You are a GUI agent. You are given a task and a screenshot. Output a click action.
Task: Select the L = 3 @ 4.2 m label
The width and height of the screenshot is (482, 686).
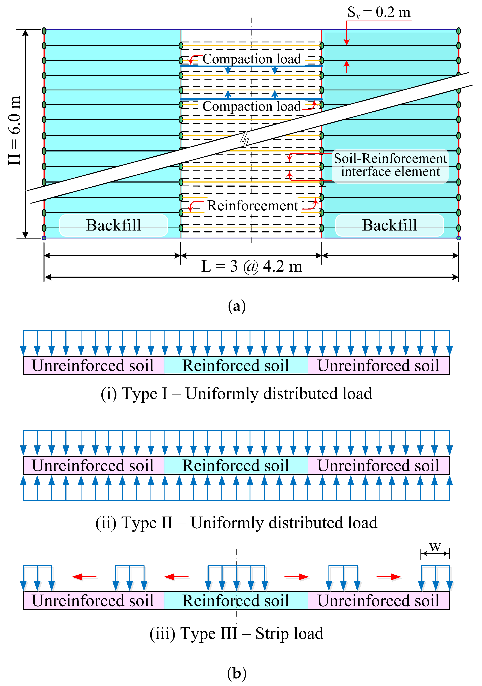[252, 266]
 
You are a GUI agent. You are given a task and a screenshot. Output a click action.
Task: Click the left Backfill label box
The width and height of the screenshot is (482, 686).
[114, 225]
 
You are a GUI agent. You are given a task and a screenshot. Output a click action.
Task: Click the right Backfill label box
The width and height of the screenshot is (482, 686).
[389, 225]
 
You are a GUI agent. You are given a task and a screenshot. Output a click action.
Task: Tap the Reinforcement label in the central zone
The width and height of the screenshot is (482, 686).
[253, 205]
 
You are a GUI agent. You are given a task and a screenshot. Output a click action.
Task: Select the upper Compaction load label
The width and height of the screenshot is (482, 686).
[252, 59]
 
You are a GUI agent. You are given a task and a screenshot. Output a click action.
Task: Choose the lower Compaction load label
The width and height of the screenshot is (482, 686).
[252, 106]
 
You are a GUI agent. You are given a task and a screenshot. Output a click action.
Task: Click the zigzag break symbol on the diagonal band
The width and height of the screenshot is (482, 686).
[245, 139]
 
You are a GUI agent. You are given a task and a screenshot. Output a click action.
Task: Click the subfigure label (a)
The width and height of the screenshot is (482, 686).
[236, 306]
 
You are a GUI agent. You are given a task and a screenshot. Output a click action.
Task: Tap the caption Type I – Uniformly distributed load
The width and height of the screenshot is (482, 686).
[236, 394]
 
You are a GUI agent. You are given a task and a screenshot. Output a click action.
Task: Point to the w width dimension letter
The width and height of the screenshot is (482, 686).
[435, 547]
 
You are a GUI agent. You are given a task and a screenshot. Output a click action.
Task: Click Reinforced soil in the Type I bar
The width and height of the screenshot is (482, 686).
[236, 365]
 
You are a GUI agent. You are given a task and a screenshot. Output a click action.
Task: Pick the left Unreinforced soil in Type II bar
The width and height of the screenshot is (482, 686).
[93, 466]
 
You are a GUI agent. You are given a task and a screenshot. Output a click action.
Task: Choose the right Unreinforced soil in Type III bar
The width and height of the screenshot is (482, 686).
[378, 601]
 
